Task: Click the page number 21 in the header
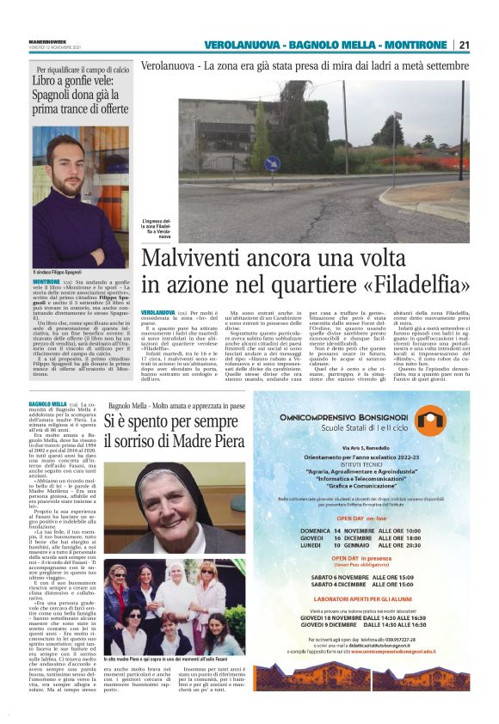coord(464,45)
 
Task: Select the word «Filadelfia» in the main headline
coord(412,285)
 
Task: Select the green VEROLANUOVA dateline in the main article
coord(157,312)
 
